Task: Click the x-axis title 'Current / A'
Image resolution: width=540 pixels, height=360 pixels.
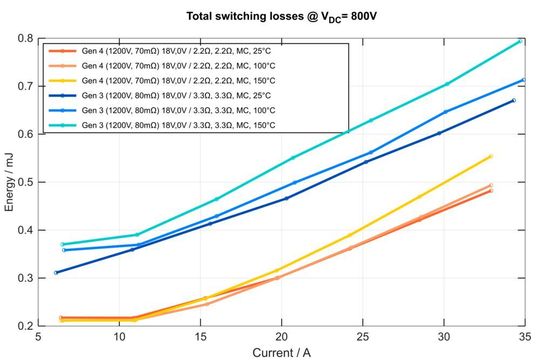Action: point(281,351)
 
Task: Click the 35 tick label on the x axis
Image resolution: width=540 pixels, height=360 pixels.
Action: point(524,337)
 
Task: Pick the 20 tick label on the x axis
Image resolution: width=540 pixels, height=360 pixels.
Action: point(282,337)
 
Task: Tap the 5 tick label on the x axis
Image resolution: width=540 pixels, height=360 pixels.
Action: point(39,337)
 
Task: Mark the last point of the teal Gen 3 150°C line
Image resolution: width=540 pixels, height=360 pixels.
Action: point(520,41)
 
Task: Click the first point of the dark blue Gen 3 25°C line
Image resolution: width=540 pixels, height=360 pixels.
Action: point(56,273)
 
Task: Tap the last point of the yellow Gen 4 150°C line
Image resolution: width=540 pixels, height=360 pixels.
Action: point(490,156)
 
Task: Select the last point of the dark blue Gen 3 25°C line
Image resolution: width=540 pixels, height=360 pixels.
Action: point(514,100)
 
